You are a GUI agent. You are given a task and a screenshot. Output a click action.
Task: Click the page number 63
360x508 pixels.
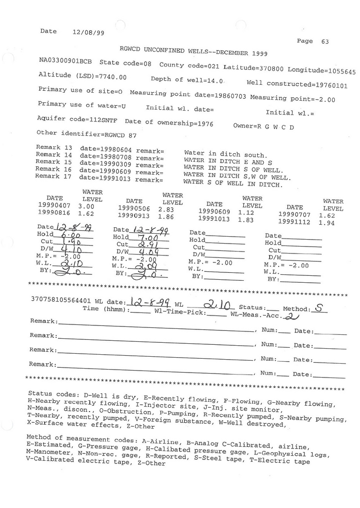click(x=325, y=42)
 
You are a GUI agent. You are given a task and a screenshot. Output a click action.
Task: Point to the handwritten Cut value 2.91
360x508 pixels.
click(x=146, y=245)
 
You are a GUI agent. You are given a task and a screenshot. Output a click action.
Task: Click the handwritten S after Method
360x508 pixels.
click(x=321, y=308)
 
